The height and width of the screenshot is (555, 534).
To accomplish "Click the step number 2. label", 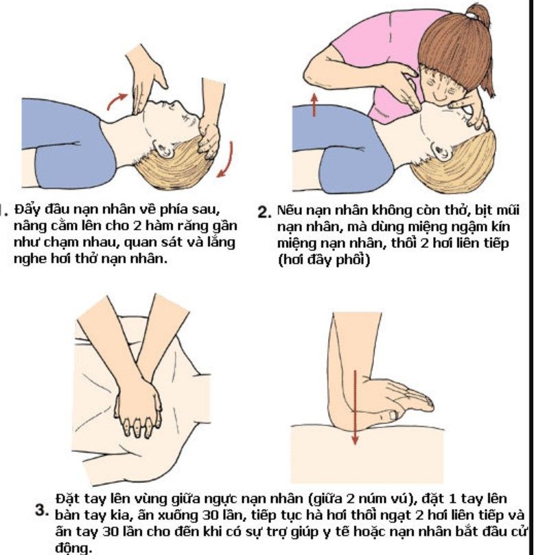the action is pyautogui.click(x=265, y=212).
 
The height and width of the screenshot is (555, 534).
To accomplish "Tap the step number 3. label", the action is pyautogui.click(x=42, y=510).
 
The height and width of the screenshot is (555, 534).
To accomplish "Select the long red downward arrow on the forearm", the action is pyautogui.click(x=355, y=407).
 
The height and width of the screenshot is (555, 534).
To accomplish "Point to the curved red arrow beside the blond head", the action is pyautogui.click(x=228, y=160).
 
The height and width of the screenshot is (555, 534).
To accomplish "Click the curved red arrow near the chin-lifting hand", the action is pyautogui.click(x=117, y=101).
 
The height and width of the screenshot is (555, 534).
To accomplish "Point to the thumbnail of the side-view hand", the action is pyautogui.click(x=393, y=414).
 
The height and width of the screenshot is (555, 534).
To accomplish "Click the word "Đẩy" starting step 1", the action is pyautogui.click(x=27, y=209).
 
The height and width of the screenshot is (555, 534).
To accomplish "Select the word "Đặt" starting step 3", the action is pyautogui.click(x=67, y=499).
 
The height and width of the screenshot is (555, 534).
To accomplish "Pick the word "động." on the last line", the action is pyautogui.click(x=73, y=548).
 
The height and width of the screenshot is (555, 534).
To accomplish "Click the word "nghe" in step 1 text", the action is pyautogui.click(x=30, y=259).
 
